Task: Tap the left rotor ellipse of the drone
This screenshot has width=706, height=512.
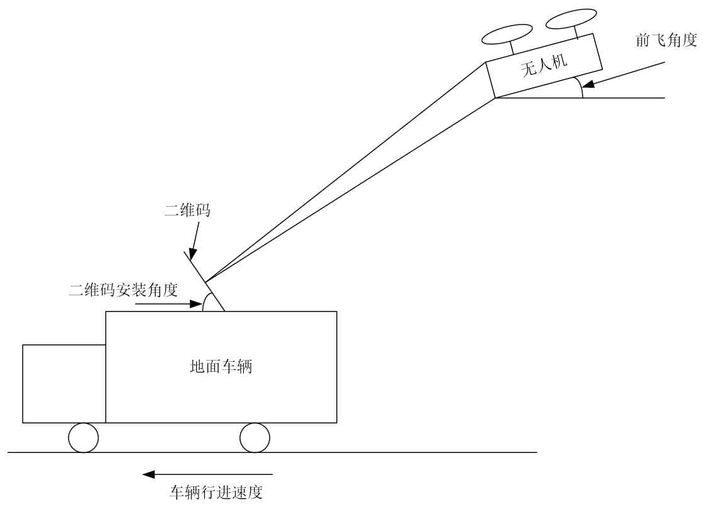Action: coord(507,35)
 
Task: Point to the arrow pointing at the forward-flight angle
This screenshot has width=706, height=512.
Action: coord(622,74)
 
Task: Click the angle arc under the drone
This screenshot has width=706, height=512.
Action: coord(582,89)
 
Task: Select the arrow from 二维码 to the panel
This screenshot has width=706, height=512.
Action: coord(194,241)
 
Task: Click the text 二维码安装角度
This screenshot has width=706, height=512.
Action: coord(124,290)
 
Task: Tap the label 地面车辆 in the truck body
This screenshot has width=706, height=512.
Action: coord(221,366)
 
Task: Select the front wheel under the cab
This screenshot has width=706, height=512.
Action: coord(84,437)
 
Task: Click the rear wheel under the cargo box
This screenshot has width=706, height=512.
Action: coord(255,437)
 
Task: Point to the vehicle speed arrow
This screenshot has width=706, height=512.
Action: coord(207,474)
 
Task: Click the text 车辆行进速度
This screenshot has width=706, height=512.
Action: coord(216,492)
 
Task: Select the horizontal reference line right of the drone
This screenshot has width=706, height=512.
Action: coord(629,98)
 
